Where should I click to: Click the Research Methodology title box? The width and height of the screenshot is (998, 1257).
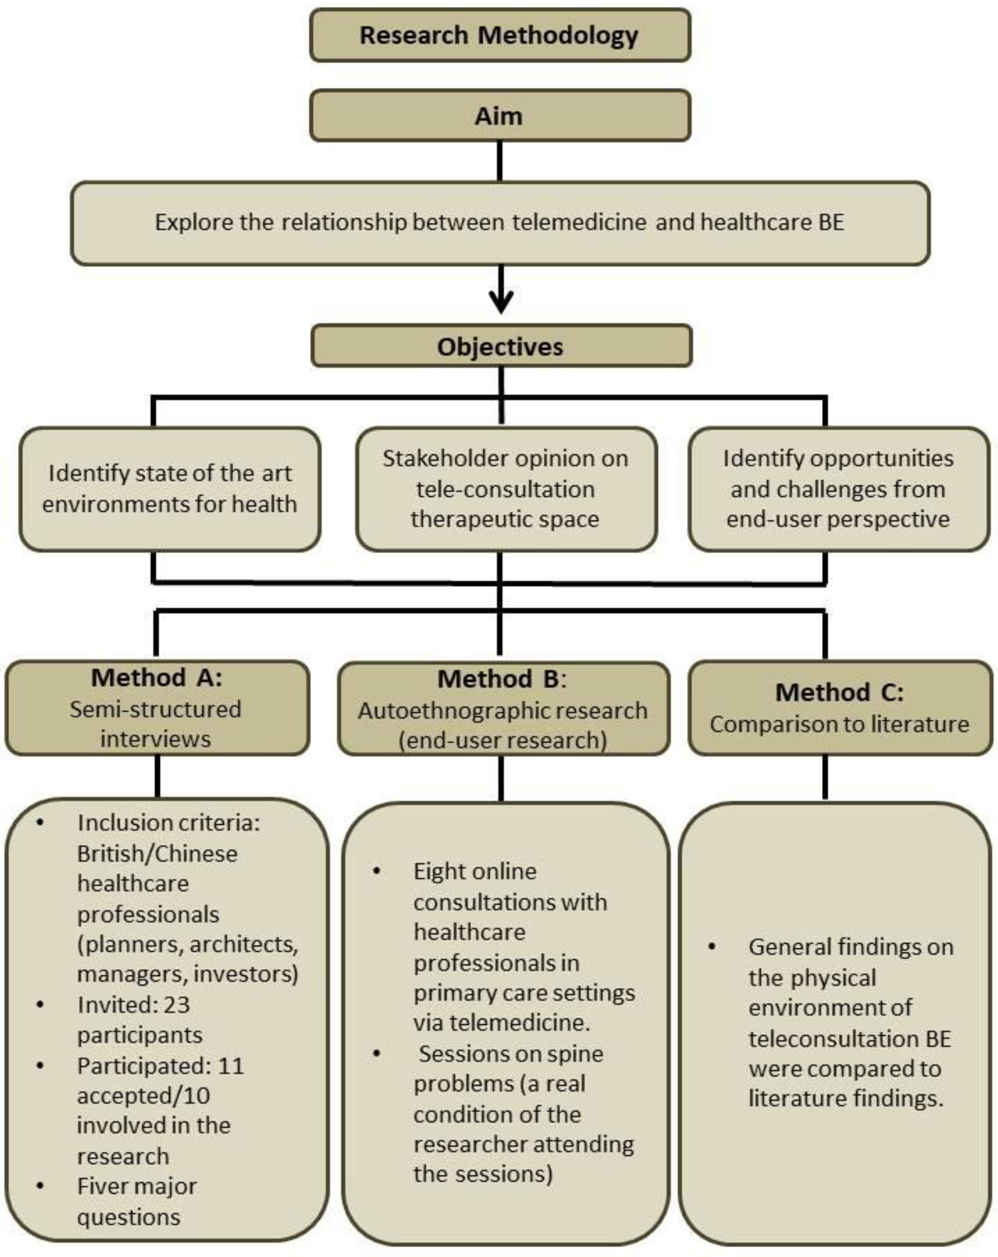pyautogui.click(x=500, y=35)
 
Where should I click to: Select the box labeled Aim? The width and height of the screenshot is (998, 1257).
pyautogui.click(x=500, y=115)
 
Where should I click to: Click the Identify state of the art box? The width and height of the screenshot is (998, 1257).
pyautogui.click(x=170, y=489)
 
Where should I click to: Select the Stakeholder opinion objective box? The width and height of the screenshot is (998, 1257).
pyautogui.click(x=505, y=489)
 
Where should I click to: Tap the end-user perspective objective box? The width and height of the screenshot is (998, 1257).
pyautogui.click(x=838, y=489)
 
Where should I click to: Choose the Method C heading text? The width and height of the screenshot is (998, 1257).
pyautogui.click(x=839, y=692)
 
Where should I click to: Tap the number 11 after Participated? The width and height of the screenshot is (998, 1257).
pyautogui.click(x=230, y=1066)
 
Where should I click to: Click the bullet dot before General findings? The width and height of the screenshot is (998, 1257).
pyautogui.click(x=712, y=947)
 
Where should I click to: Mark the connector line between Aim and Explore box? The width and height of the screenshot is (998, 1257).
pyautogui.click(x=500, y=161)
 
